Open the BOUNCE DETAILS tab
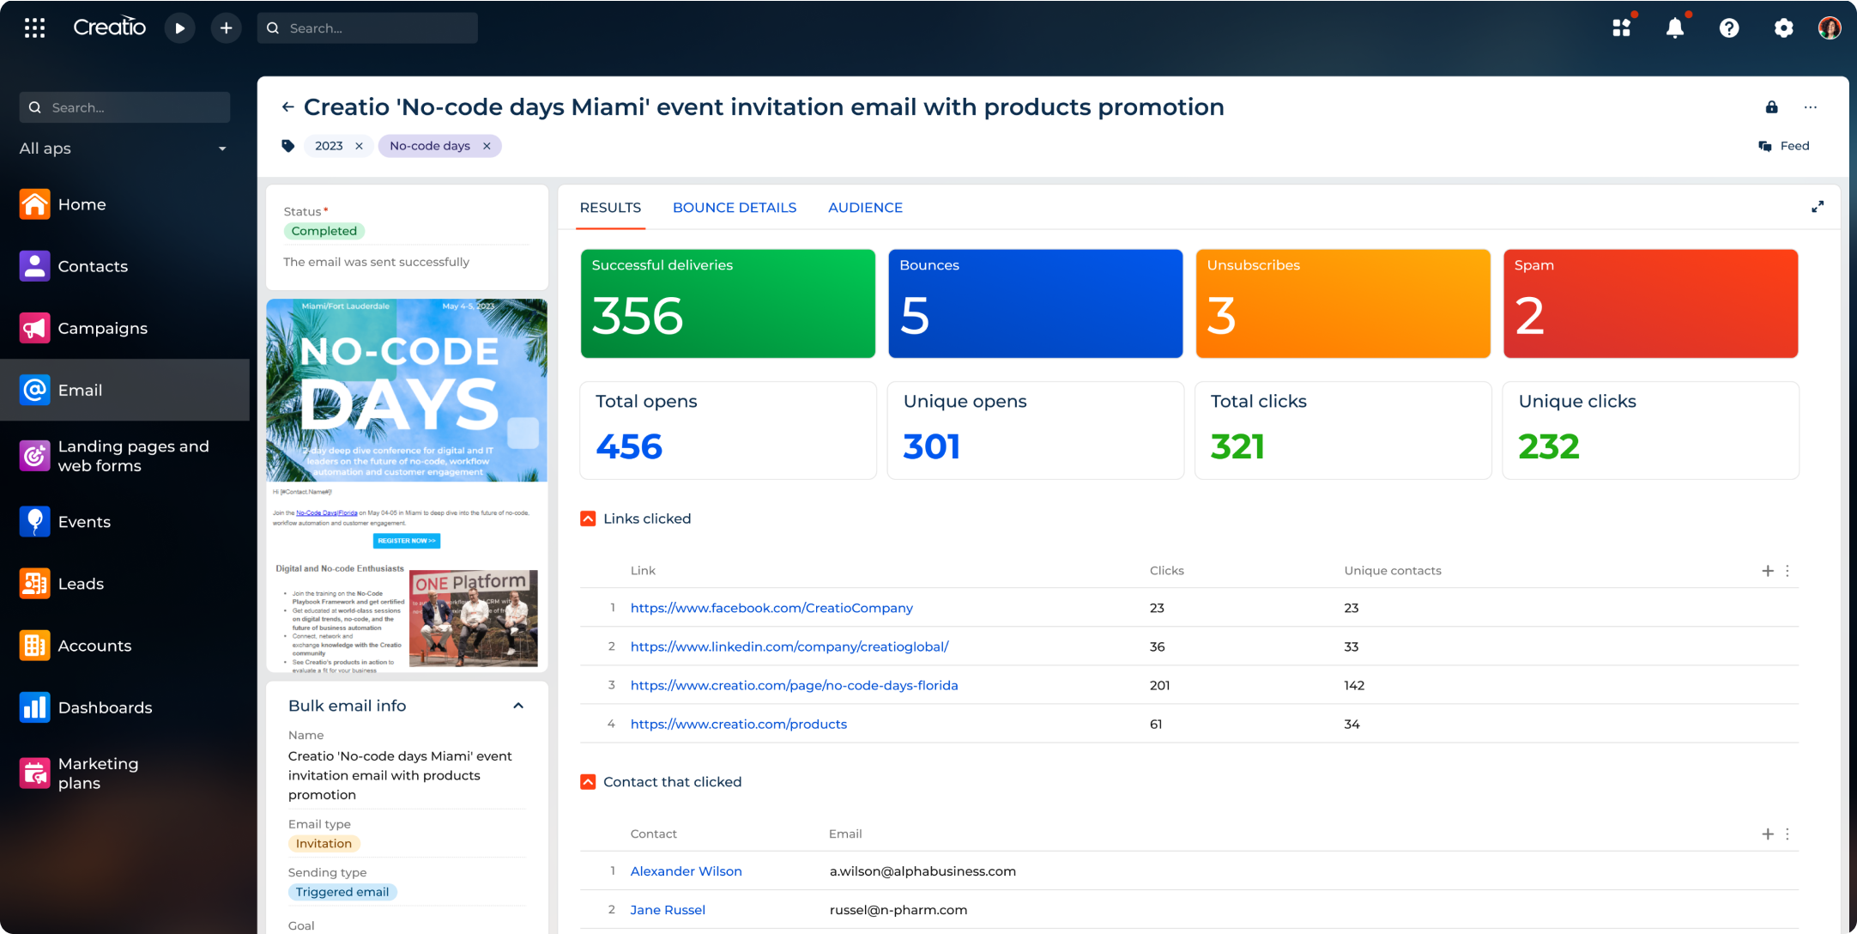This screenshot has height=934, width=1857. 734,208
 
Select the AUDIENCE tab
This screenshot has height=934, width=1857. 865,208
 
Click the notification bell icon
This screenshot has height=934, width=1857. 1674,28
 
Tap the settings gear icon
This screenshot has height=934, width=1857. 1783,28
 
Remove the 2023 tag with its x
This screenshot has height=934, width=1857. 360,146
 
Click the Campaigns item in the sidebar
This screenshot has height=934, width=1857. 102,328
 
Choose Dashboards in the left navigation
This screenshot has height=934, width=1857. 105,707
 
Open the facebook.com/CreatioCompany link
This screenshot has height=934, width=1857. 771,608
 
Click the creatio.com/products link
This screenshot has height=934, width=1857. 738,724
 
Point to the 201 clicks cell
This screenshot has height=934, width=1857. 1159,685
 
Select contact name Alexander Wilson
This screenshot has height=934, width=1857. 686,871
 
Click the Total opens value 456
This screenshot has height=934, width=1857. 629,446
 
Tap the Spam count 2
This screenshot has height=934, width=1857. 1529,316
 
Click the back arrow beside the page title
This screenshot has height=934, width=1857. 287,107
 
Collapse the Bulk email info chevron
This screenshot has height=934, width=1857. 518,706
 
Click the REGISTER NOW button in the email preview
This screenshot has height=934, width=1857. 407,541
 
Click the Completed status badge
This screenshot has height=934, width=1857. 324,231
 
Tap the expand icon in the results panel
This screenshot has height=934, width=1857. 1817,207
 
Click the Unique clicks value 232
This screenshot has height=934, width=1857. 1548,446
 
